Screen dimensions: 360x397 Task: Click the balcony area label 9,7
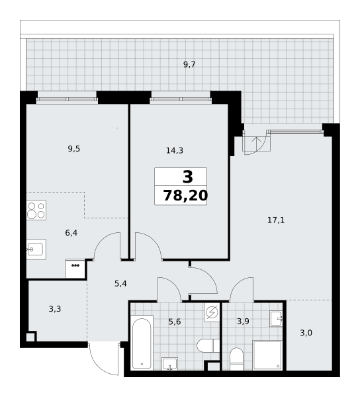(189, 65)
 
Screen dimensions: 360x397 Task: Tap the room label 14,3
(175, 151)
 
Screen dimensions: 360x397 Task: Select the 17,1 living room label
(276, 220)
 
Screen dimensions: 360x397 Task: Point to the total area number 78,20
(185, 196)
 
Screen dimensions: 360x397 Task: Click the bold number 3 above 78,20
(187, 177)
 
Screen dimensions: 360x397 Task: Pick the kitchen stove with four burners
(36, 210)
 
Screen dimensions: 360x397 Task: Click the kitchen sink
(36, 249)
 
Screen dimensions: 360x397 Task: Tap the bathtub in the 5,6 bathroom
(142, 342)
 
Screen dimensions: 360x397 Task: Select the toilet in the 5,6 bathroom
(208, 345)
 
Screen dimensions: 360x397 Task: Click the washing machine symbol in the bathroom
(212, 312)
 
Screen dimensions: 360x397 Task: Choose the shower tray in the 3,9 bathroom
(267, 355)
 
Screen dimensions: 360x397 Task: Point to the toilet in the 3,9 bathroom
(236, 359)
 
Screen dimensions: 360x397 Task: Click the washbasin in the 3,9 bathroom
(276, 318)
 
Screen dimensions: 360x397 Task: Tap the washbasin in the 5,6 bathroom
(169, 364)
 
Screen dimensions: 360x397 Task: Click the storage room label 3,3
(55, 309)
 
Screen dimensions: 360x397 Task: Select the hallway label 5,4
(120, 284)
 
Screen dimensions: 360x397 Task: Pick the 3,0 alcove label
(306, 333)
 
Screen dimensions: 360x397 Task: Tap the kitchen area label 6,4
(71, 233)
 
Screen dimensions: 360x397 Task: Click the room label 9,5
(74, 149)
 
